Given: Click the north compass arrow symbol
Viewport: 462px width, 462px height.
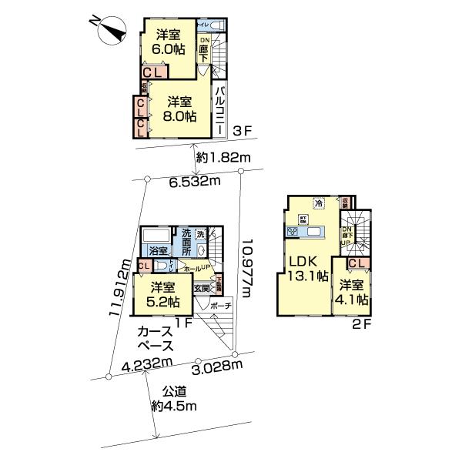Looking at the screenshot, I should coord(109,32).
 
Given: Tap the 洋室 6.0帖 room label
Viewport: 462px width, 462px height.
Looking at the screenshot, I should coord(168,42).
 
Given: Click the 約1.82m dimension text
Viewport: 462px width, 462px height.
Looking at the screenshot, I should coord(224,158).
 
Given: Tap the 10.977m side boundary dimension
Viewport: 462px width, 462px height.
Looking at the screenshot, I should coord(246,263).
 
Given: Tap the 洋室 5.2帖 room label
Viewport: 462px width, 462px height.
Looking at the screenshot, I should coord(162,294).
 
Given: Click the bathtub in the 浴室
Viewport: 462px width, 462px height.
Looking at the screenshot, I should coord(157,235).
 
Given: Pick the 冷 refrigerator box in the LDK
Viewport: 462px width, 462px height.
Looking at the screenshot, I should coord(319,203).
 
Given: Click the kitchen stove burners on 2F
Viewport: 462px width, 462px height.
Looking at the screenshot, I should coord(292,231).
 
